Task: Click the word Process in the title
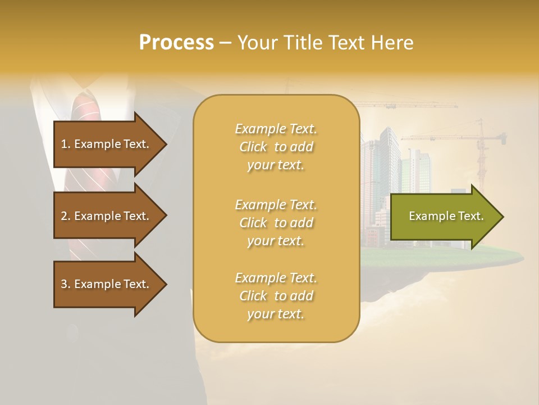pyautogui.click(x=176, y=43)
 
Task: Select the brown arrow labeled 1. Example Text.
pyautogui.click(x=107, y=144)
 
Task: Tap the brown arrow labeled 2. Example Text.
pyautogui.click(x=107, y=216)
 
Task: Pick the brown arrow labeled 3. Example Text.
pyautogui.click(x=107, y=284)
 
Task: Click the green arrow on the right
pyautogui.click(x=444, y=217)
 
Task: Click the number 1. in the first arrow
pyautogui.click(x=65, y=144)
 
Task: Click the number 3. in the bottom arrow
pyautogui.click(x=65, y=284)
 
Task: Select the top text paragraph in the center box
pyautogui.click(x=276, y=147)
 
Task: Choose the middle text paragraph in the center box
pyautogui.click(x=276, y=223)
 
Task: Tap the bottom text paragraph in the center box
pyautogui.click(x=276, y=296)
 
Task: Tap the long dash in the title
pyautogui.click(x=226, y=43)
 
